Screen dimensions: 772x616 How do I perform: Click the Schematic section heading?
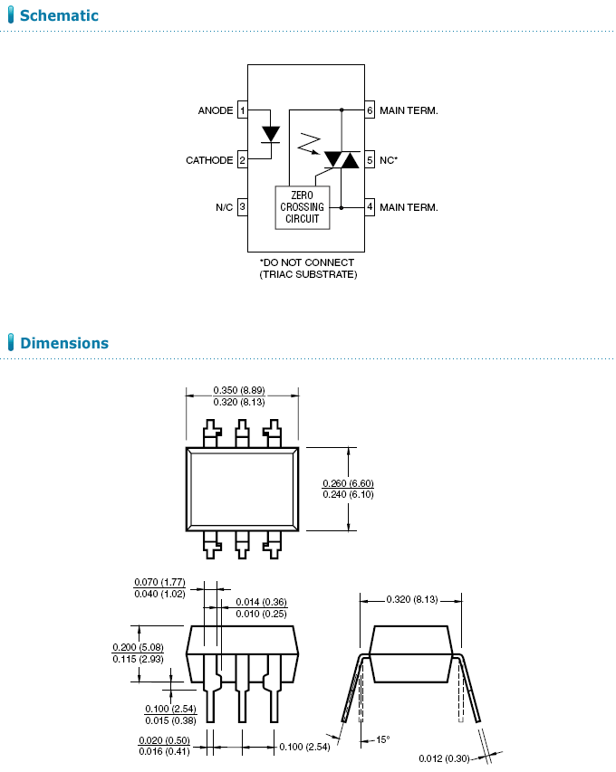pos(58,16)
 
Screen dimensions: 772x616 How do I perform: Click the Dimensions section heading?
pos(63,343)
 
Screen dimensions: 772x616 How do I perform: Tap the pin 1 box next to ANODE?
pos(242,110)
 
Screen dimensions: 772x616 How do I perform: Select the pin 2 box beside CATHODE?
pos(242,160)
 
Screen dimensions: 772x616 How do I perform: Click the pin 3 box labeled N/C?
pos(242,207)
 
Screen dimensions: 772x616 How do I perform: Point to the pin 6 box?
pos(370,110)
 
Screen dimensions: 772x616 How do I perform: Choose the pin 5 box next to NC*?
pos(370,159)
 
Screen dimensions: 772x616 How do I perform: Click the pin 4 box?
pos(370,207)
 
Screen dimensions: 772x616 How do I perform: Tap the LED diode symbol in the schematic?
pos(270,134)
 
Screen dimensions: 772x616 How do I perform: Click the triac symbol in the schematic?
pos(342,159)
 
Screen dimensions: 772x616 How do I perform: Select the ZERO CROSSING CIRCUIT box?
pos(302,207)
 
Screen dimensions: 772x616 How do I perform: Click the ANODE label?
pos(216,110)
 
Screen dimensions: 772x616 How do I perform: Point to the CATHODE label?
pos(209,160)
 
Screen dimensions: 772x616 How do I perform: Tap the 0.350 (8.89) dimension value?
pos(242,390)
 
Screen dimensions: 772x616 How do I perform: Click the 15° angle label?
pos(382,739)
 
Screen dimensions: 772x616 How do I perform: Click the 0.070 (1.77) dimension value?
pos(159,582)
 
